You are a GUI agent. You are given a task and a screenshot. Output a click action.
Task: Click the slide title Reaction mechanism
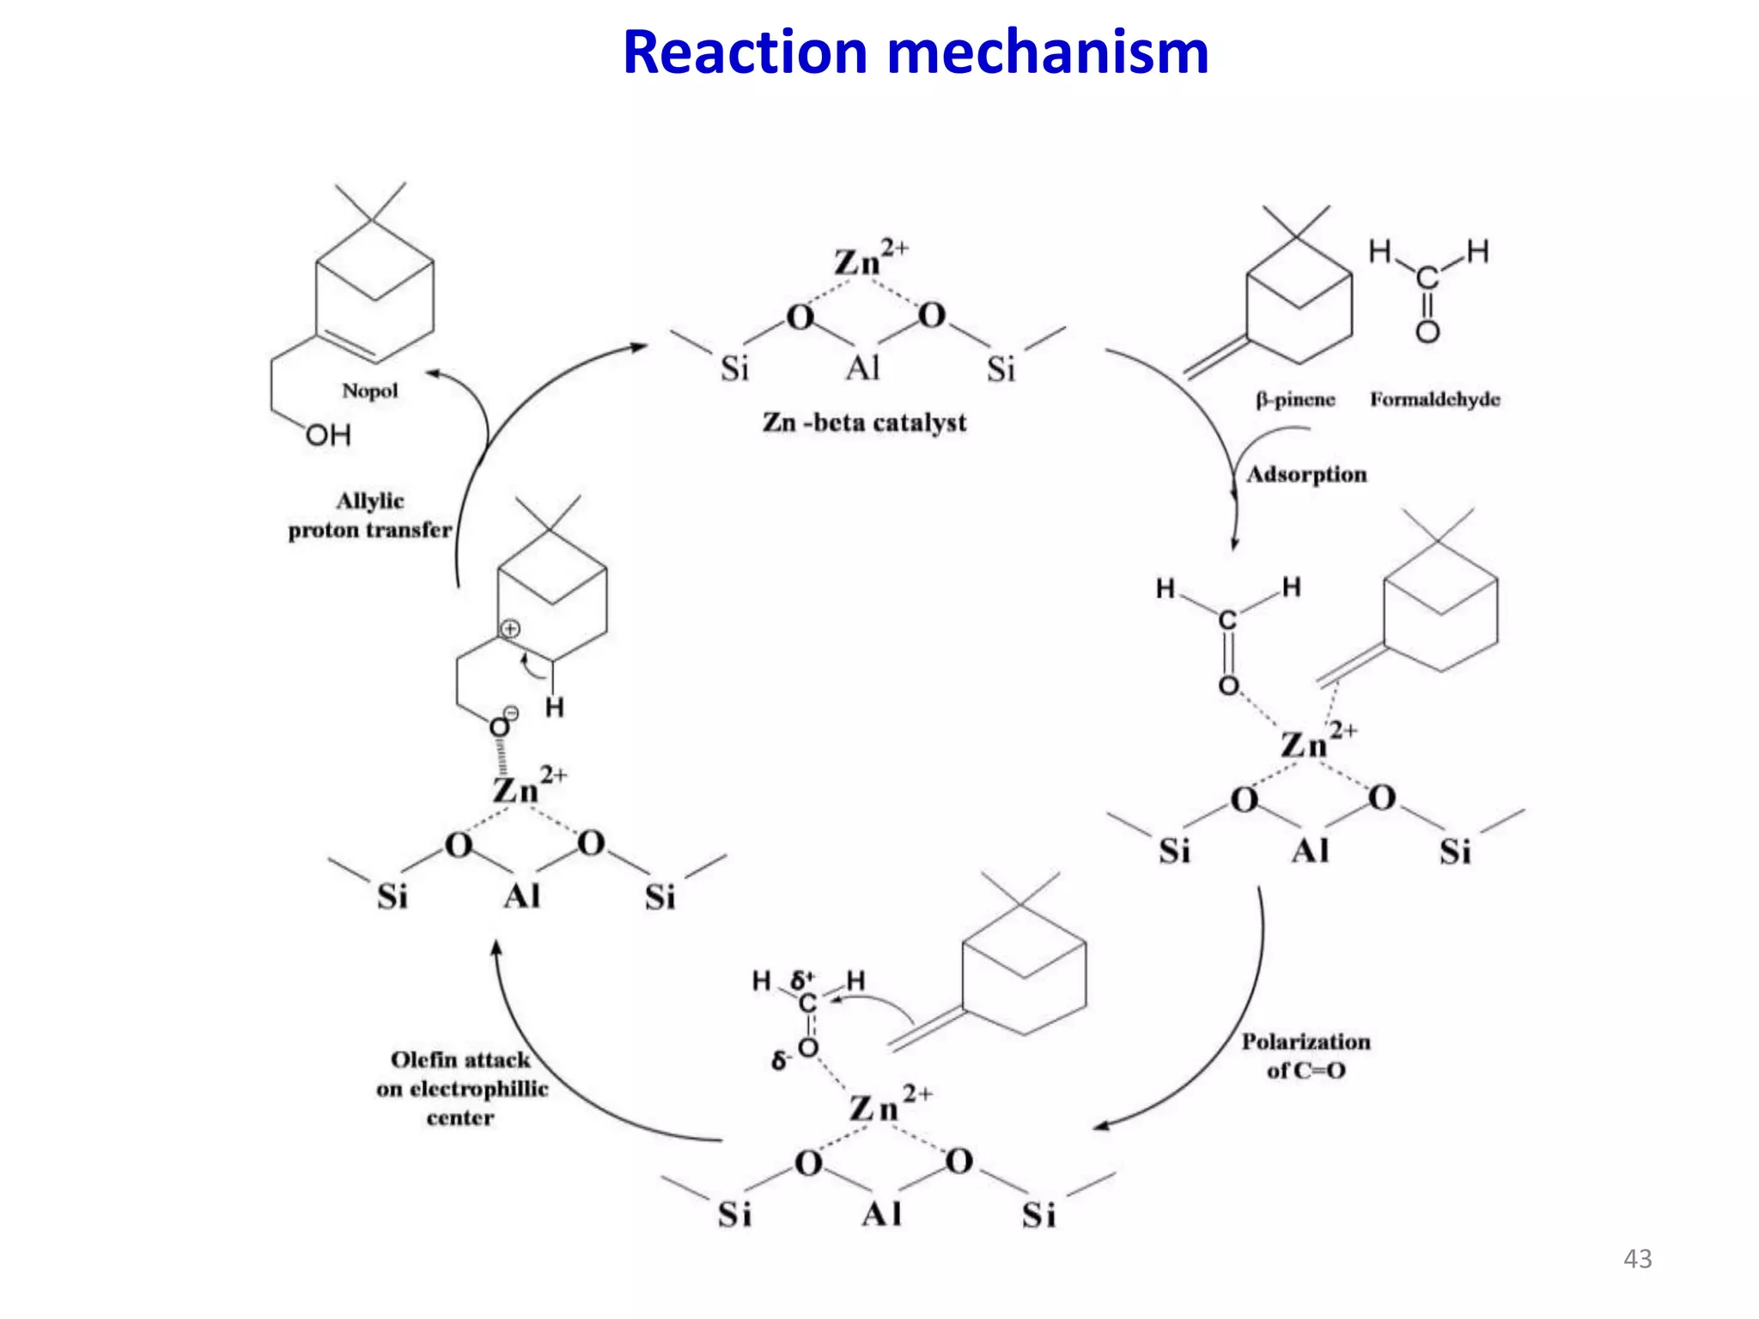pyautogui.click(x=916, y=53)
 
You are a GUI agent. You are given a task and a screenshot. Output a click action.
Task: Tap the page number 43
pyautogui.click(x=1637, y=1259)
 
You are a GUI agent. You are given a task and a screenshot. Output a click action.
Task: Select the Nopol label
pyautogui.click(x=370, y=392)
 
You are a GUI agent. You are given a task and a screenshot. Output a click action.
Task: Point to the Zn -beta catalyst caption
pyautogui.click(x=864, y=422)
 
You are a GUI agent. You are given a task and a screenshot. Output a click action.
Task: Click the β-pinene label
pyautogui.click(x=1295, y=399)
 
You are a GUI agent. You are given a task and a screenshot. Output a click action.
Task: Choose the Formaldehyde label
pyautogui.click(x=1434, y=399)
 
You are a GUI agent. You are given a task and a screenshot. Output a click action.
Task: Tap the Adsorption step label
pyautogui.click(x=1306, y=475)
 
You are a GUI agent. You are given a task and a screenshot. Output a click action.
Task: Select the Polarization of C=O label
pyautogui.click(x=1306, y=1055)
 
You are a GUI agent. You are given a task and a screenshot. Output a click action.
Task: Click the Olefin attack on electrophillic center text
pyautogui.click(x=461, y=1088)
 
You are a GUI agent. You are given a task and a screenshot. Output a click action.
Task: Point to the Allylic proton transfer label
pyautogui.click(x=370, y=515)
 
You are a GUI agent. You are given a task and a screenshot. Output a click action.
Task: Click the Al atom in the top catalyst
pyautogui.click(x=863, y=368)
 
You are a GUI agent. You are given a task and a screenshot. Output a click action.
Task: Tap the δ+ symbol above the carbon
pyautogui.click(x=802, y=980)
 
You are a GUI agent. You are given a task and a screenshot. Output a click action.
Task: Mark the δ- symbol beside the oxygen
pyautogui.click(x=780, y=1061)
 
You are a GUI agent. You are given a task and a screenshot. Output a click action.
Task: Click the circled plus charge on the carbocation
pyautogui.click(x=510, y=629)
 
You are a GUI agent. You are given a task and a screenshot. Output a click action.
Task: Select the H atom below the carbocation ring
pyautogui.click(x=555, y=708)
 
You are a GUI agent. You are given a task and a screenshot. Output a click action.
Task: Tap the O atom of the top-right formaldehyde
pyautogui.click(x=1427, y=332)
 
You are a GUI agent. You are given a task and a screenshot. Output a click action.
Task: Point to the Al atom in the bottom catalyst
pyautogui.click(x=882, y=1214)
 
